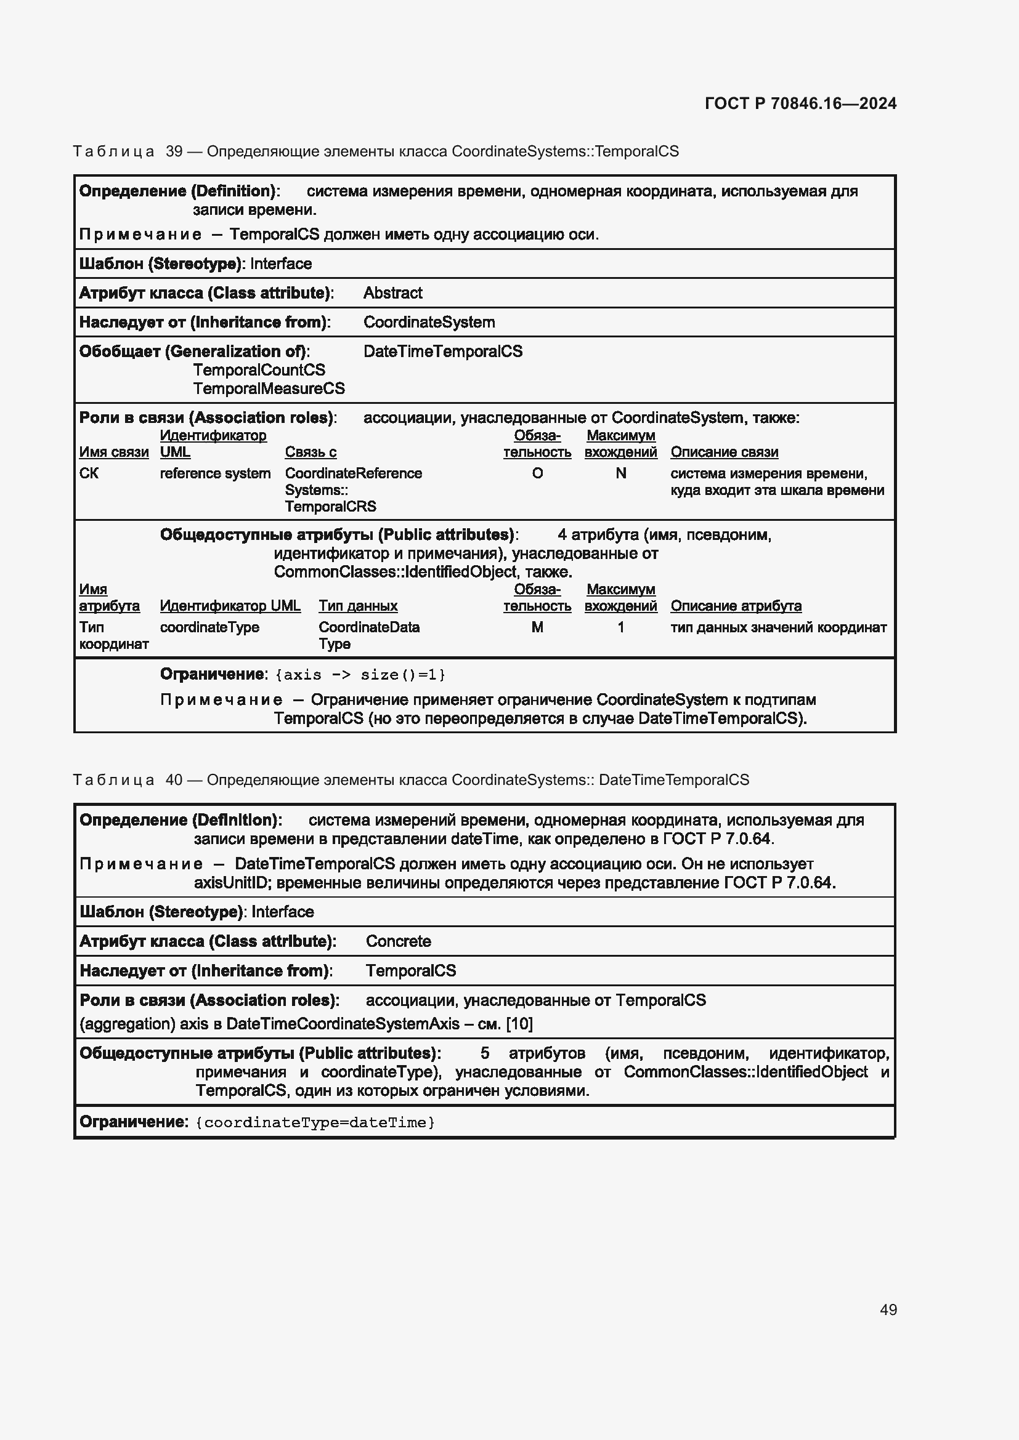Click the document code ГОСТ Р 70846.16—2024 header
click(x=800, y=103)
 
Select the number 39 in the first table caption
click(x=174, y=151)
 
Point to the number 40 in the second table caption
click(x=174, y=779)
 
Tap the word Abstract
click(x=393, y=293)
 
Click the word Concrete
click(x=398, y=941)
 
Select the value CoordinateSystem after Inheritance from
click(x=429, y=323)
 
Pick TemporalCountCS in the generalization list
click(x=259, y=370)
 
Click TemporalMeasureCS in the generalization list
click(x=269, y=388)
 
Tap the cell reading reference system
click(x=214, y=473)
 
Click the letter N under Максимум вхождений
click(x=620, y=473)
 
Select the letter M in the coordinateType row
click(x=537, y=627)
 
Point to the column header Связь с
click(x=311, y=453)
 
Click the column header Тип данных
click(x=358, y=606)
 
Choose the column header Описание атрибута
click(x=736, y=606)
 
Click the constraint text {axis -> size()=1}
click(x=360, y=675)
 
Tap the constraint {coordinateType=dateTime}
click(x=315, y=1123)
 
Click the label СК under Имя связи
click(x=89, y=473)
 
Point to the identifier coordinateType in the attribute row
click(x=209, y=627)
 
